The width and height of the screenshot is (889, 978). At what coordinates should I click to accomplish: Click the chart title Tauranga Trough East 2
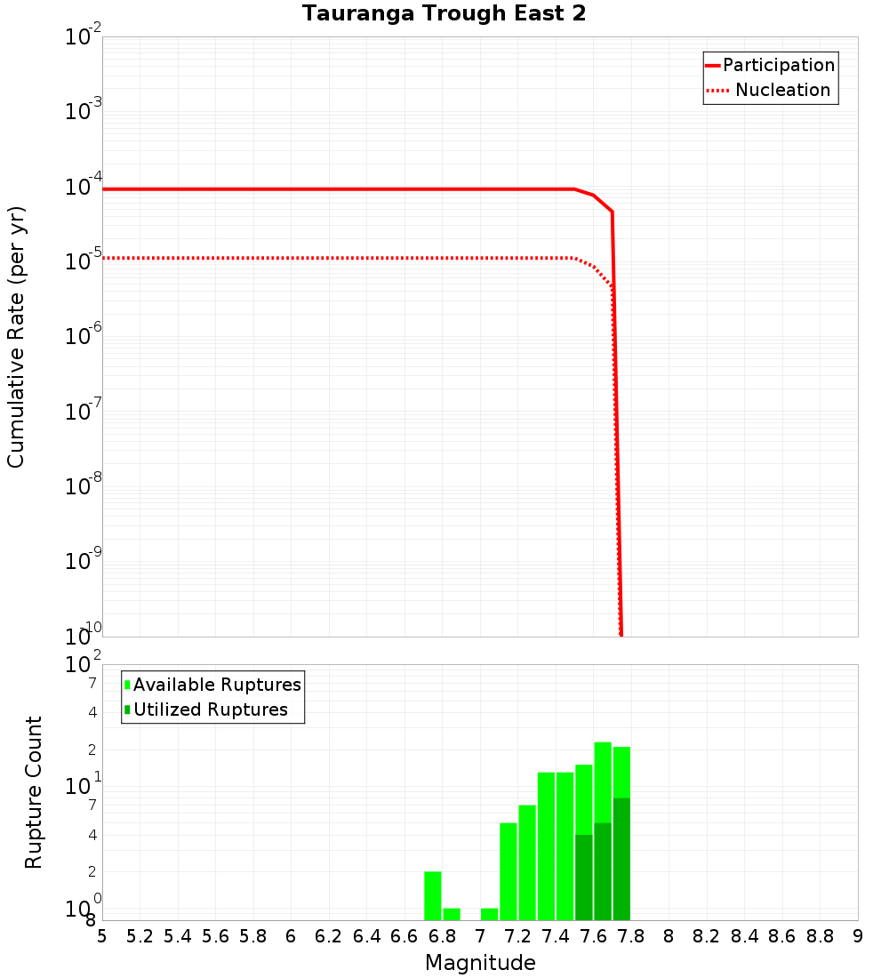[444, 14]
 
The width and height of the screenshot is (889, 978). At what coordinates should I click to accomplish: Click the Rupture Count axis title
[34, 792]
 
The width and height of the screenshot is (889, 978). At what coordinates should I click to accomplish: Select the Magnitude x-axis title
[480, 963]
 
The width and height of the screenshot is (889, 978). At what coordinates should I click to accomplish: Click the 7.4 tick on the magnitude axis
[556, 936]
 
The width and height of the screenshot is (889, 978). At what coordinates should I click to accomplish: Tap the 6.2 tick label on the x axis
[329, 936]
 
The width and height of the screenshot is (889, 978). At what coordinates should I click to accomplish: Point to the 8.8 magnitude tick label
[820, 936]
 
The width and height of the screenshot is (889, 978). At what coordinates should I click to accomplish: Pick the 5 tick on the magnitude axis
[102, 936]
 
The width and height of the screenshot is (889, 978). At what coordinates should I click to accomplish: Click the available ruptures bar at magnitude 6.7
[433, 895]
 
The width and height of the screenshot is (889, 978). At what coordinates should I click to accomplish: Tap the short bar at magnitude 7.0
[489, 914]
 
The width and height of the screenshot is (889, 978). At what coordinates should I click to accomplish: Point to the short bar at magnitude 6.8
[452, 914]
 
